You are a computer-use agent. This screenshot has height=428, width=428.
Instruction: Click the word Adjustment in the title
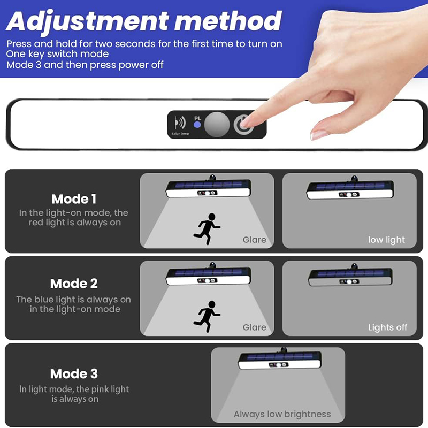point(87,22)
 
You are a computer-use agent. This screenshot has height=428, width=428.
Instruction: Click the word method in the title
point(228,21)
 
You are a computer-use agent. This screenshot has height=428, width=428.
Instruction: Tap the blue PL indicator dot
point(197,125)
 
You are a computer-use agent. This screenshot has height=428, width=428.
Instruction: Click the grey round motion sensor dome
point(217,125)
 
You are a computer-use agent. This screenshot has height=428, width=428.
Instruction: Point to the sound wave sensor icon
point(180,123)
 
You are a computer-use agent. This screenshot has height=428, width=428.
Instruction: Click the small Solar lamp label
point(180,133)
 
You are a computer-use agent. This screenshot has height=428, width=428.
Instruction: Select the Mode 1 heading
point(74,199)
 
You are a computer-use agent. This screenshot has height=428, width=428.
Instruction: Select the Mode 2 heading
point(74,284)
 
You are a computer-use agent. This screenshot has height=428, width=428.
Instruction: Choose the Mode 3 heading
point(74,373)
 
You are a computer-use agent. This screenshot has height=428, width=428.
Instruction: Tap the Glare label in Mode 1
point(255,240)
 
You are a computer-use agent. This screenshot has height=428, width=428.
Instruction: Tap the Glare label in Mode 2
point(255,327)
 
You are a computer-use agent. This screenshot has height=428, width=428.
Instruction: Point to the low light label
point(386,240)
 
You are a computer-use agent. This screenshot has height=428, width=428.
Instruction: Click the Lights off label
point(387,327)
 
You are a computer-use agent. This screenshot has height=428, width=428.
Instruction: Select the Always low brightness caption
point(282,414)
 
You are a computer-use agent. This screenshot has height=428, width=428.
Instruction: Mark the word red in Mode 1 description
point(36,223)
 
